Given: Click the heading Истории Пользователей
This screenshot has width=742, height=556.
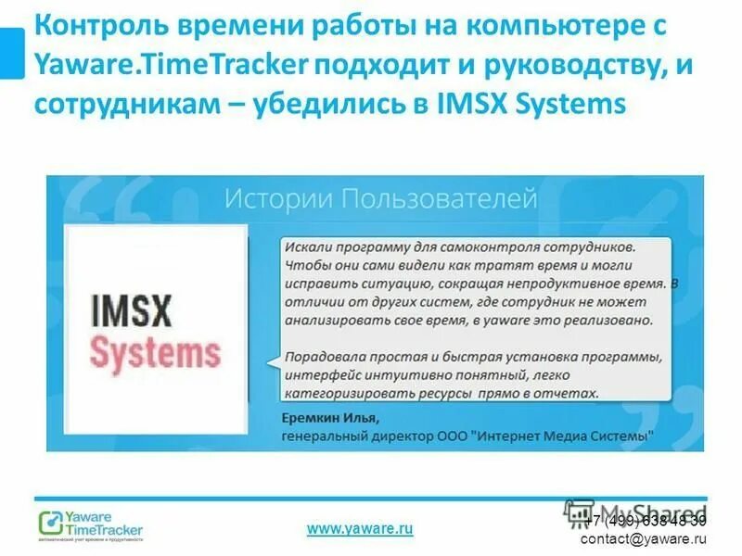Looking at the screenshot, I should click(379, 197).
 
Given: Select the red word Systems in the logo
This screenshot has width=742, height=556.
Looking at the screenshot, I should click(155, 353).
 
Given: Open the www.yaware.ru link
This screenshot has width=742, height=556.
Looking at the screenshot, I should click(359, 528).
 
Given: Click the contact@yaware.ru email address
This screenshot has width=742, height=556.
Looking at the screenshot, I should click(643, 538).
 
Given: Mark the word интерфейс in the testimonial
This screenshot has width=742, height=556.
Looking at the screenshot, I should click(322, 374).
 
